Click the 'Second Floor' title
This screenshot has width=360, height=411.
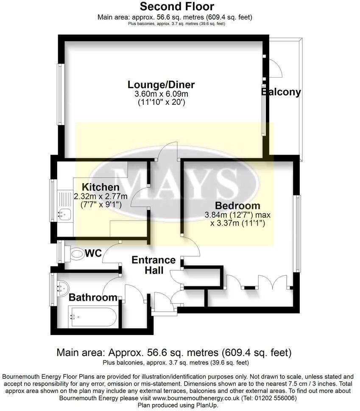pyautogui.click(x=177, y=6)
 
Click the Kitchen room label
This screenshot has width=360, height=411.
pyautogui.click(x=100, y=187)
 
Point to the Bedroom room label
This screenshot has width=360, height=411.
pyautogui.click(x=237, y=206)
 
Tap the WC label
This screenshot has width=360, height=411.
pyautogui.click(x=93, y=253)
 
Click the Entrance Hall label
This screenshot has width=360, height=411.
pyautogui.click(x=153, y=265)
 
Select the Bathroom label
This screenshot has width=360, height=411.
pyautogui.click(x=93, y=297)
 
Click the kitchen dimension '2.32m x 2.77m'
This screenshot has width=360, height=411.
pyautogui.click(x=100, y=196)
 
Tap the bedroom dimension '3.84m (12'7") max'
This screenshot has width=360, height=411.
pyautogui.click(x=237, y=215)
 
